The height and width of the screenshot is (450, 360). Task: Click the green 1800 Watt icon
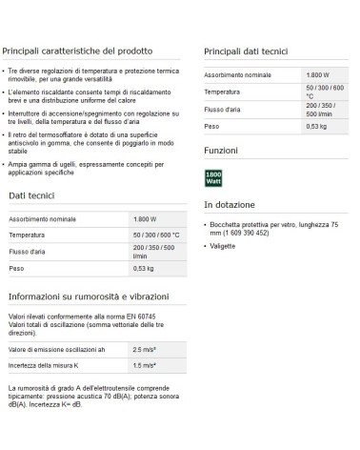[213, 178]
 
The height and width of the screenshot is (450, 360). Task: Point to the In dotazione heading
[231, 204]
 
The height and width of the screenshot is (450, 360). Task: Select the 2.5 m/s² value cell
[144, 350]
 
